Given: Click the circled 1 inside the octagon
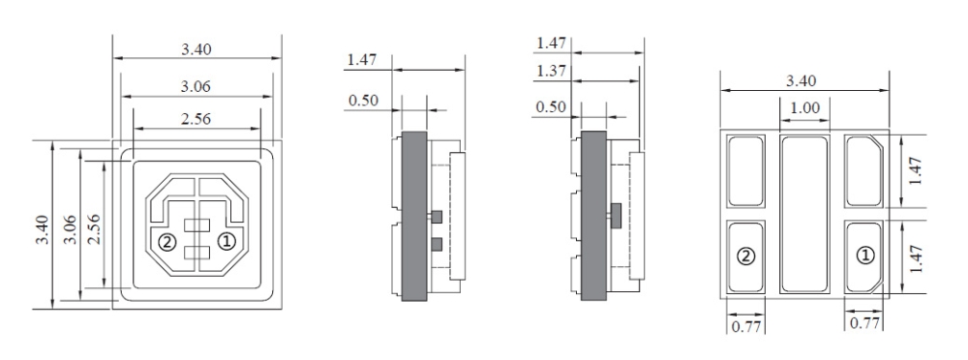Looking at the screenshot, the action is (x=227, y=242).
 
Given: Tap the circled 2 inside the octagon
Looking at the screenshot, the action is (x=166, y=242).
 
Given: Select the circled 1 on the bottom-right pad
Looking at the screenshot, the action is (x=865, y=255).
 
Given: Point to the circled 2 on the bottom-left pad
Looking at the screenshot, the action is (x=746, y=255).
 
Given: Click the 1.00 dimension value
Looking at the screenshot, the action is (x=805, y=108).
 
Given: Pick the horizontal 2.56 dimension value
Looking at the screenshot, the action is (x=196, y=119).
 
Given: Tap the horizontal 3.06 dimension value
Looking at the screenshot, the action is (x=196, y=86).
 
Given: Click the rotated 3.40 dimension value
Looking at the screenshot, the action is (x=42, y=229).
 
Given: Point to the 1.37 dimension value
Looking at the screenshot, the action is (x=552, y=71).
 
